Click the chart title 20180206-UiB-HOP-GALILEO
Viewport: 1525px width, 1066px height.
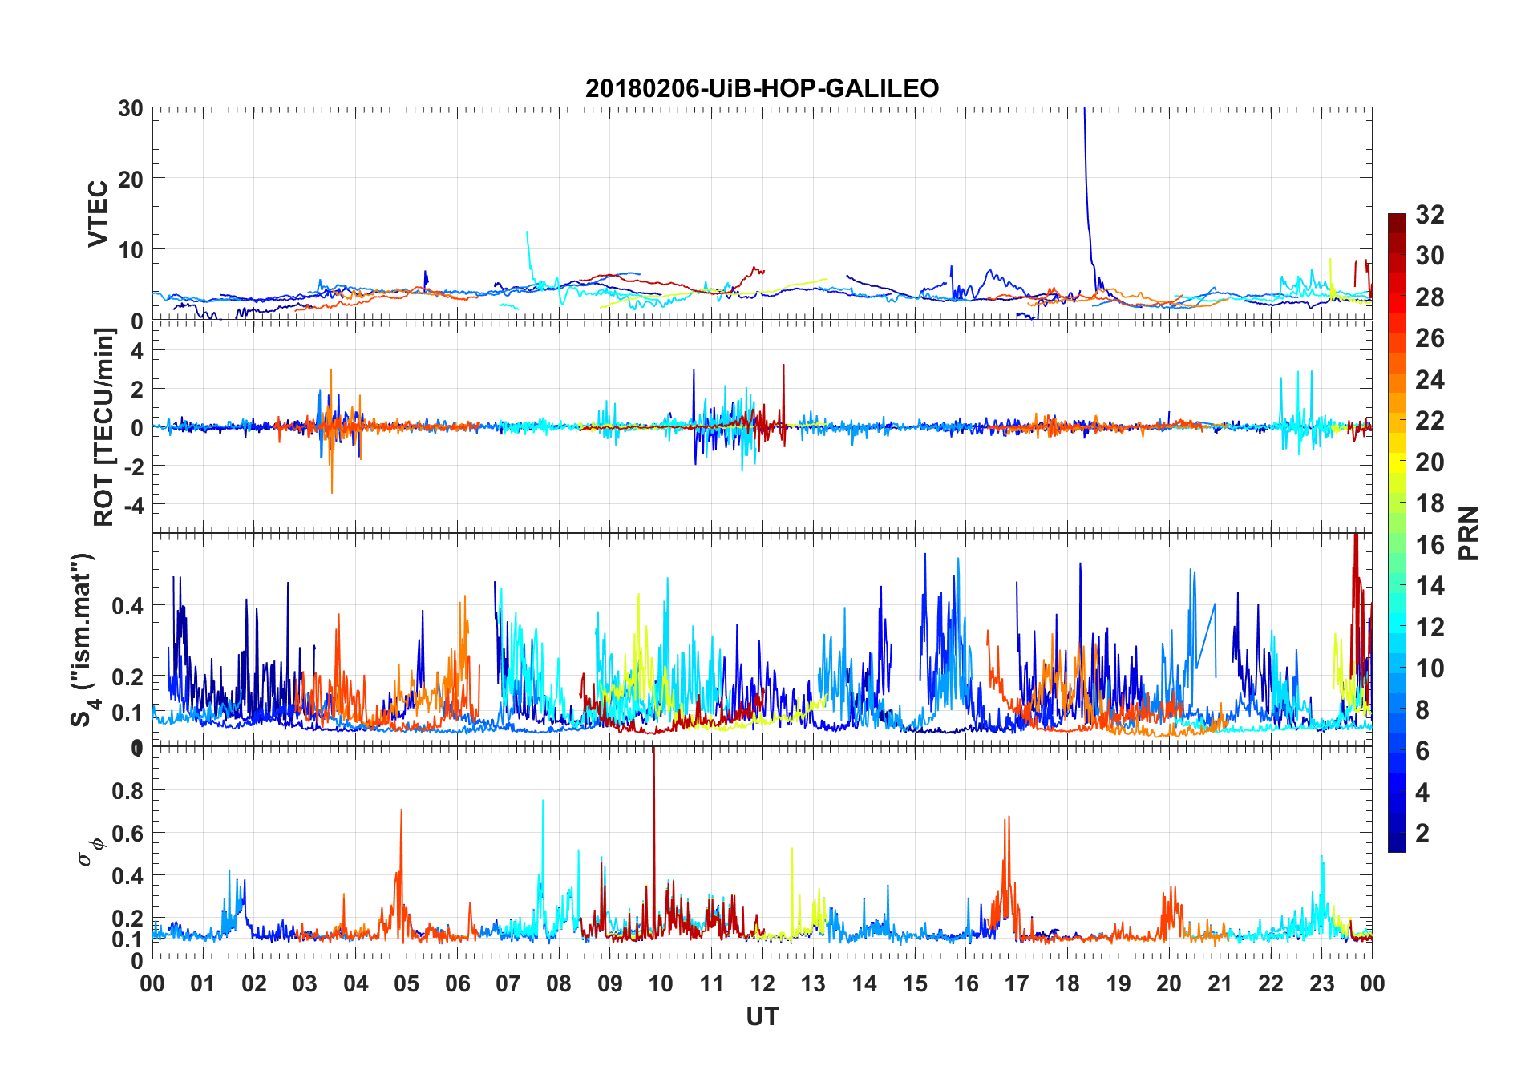pos(762,88)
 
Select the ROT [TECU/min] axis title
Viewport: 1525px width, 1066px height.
pos(104,426)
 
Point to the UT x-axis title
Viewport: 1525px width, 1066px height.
pos(762,1016)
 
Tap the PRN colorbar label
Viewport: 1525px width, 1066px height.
pos(1468,533)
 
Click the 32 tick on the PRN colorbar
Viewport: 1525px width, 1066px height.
pos(1430,215)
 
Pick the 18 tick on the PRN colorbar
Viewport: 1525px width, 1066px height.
pos(1430,503)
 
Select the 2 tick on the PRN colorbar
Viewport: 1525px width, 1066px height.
pos(1422,834)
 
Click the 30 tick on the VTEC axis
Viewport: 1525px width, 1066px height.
pos(131,108)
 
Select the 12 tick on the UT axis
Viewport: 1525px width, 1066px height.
pos(762,983)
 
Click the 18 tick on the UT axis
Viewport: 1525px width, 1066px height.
pos(1067,983)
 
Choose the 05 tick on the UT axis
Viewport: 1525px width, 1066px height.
pos(407,983)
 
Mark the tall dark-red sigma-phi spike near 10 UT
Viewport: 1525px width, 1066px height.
pos(653,769)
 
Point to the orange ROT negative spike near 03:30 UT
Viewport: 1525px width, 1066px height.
pos(332,485)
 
